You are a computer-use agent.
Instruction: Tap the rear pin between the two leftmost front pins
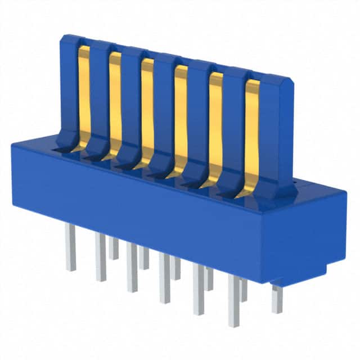click(114, 247)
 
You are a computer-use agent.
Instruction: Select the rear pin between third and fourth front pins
click(175, 268)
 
